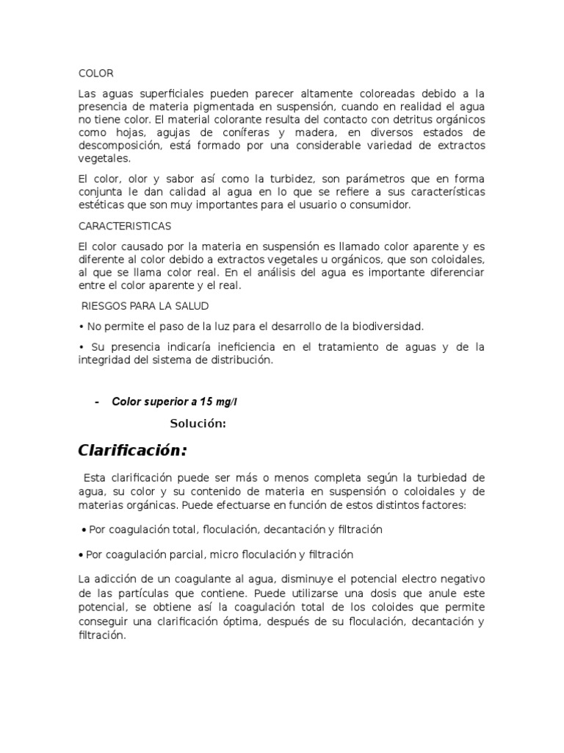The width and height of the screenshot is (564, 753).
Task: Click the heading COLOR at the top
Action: tap(96, 74)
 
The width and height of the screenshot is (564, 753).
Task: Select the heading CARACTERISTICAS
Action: tap(124, 226)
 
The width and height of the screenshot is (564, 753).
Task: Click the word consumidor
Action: tap(377, 205)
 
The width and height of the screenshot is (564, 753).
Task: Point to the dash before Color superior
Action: tap(97, 402)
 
